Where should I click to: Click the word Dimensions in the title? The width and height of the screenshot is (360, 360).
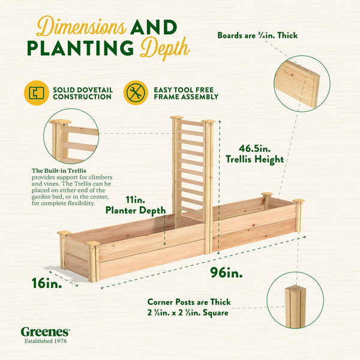click(81, 26)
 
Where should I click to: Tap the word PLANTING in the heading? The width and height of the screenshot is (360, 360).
click(80, 48)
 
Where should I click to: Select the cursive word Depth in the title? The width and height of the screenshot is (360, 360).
click(165, 48)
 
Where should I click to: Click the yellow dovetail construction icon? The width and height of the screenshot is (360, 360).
click(37, 93)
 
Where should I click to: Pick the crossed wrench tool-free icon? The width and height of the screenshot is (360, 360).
click(136, 93)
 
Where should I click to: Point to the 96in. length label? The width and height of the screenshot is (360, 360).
click(226, 272)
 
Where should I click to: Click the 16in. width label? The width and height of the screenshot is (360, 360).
click(47, 283)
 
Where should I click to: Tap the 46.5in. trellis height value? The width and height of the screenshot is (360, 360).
click(254, 149)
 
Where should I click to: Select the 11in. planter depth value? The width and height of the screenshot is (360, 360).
click(136, 200)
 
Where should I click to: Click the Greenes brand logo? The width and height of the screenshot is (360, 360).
click(46, 332)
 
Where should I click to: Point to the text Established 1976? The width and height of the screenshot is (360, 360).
click(46, 341)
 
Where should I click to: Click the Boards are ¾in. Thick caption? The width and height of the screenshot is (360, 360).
click(257, 35)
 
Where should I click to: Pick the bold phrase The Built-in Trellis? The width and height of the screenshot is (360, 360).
click(59, 171)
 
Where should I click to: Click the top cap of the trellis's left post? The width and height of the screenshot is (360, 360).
click(177, 118)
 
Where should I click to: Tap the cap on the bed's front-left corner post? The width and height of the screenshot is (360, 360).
click(93, 244)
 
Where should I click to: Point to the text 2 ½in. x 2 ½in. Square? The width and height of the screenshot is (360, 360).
click(188, 313)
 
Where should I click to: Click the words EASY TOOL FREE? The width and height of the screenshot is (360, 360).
click(184, 90)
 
